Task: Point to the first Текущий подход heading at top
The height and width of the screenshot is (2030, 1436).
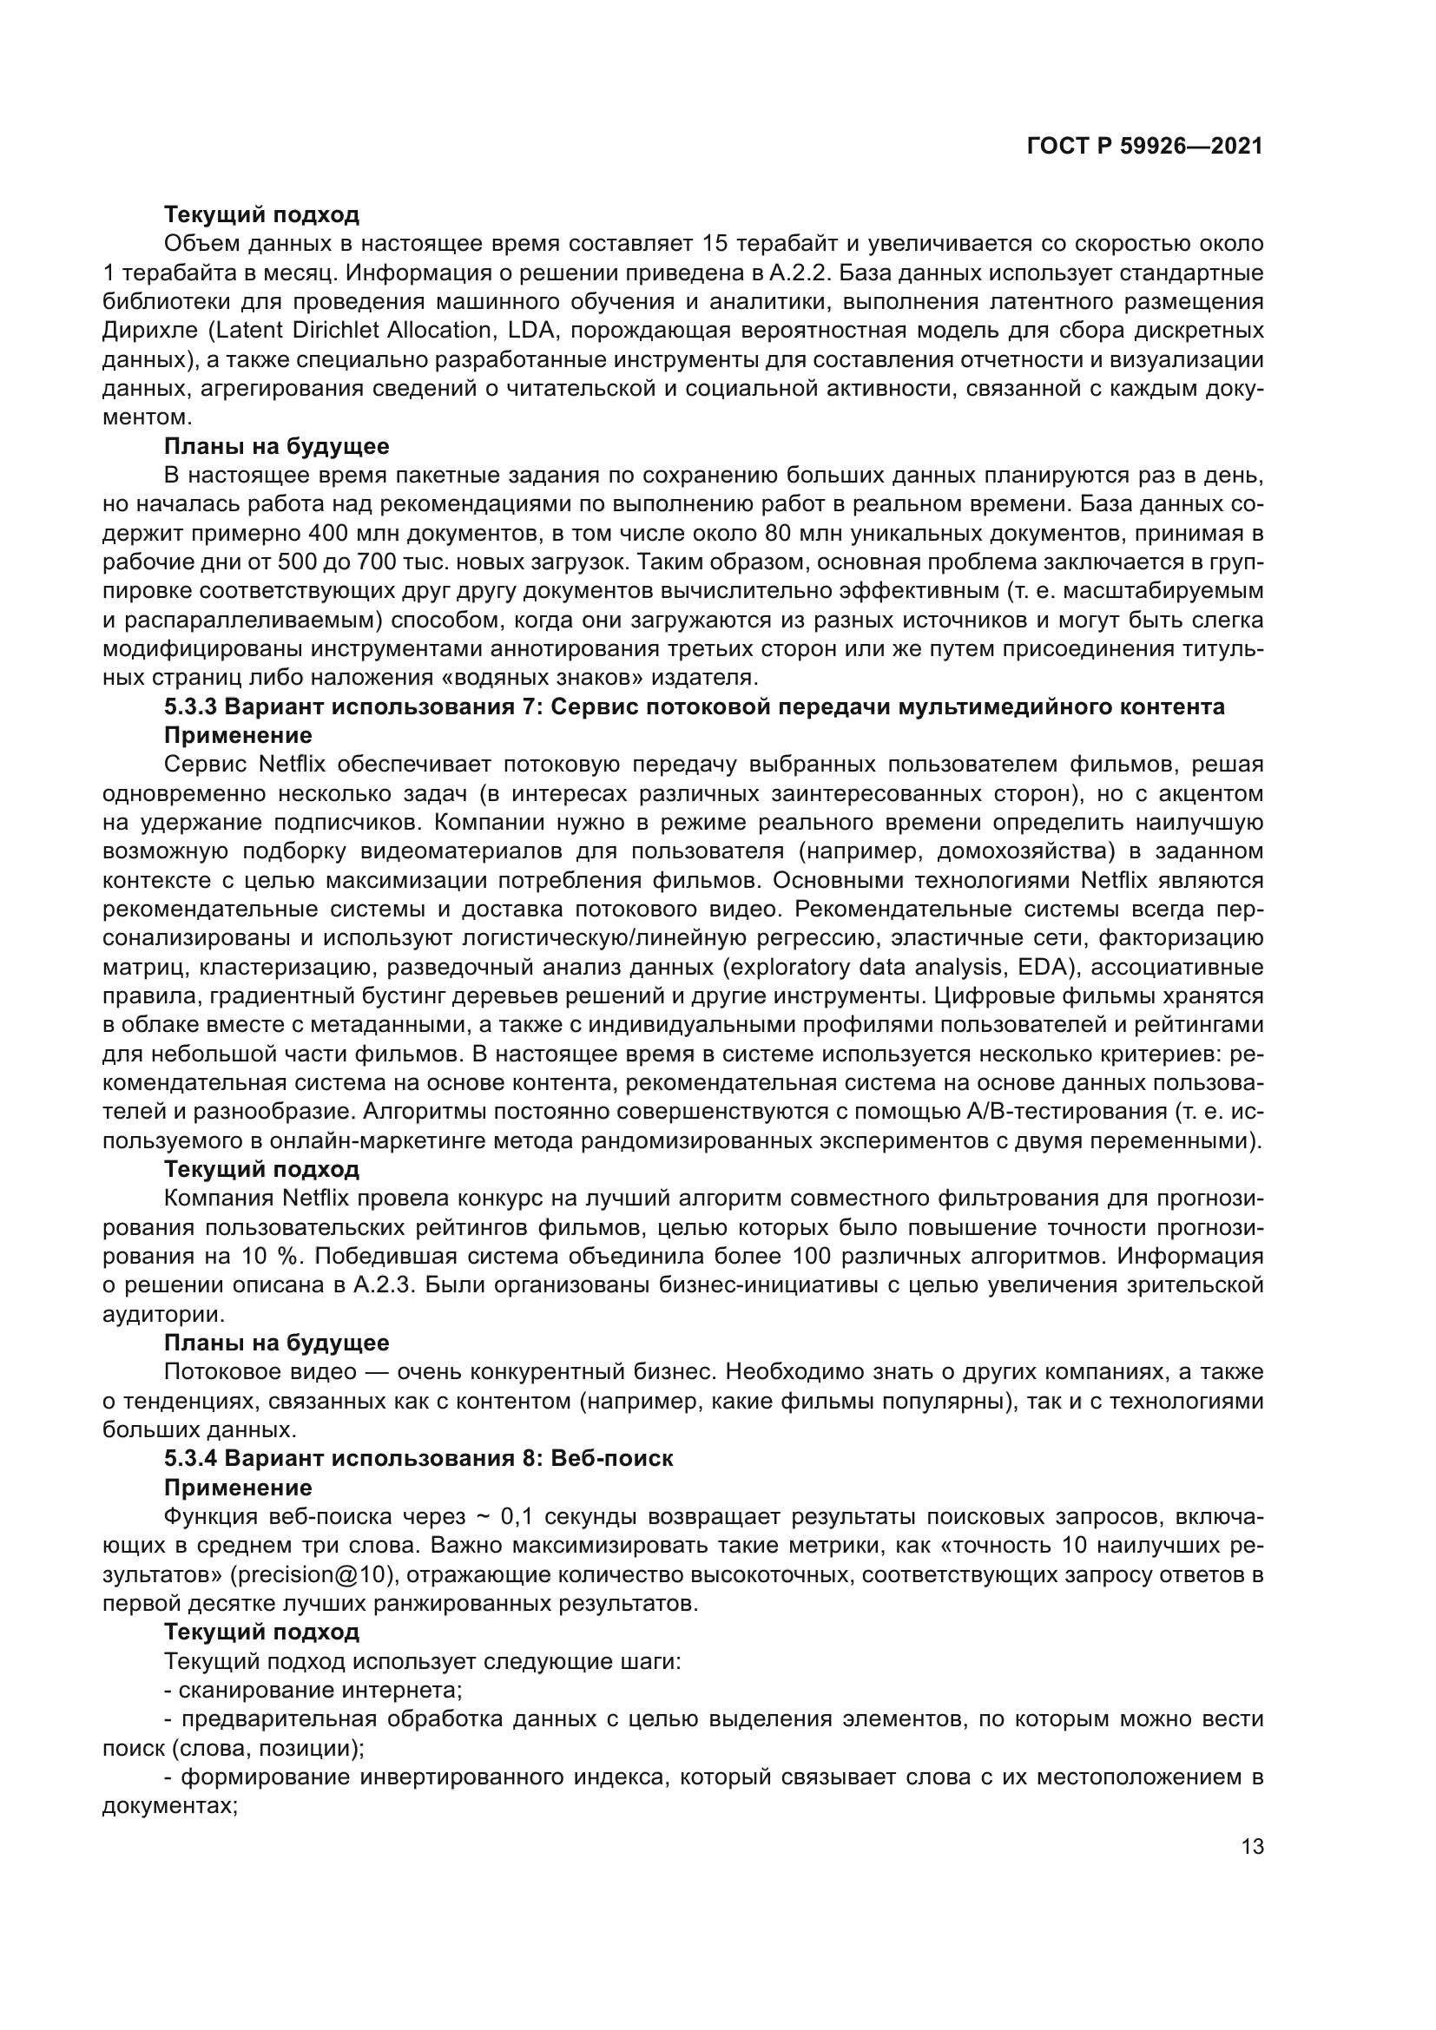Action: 261,214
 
